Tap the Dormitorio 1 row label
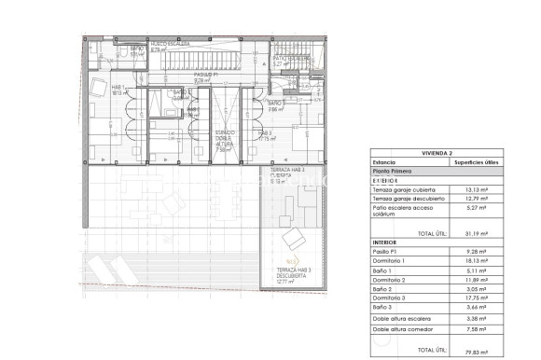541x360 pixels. (392, 261)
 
